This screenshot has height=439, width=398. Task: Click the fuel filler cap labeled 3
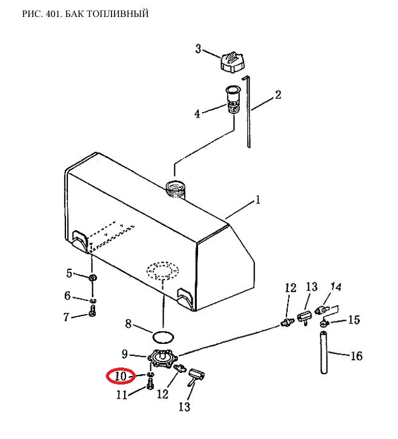231,63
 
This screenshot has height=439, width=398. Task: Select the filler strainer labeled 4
233,99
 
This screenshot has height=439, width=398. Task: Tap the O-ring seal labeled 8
164,337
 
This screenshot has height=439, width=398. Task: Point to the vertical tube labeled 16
324,352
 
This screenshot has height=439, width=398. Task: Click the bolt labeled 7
93,311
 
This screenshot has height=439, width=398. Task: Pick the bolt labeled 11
150,384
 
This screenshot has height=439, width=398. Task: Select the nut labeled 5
93,278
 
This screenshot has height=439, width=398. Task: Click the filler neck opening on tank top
175,190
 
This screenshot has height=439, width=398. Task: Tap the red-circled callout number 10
121,376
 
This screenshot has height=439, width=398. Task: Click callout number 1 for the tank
257,200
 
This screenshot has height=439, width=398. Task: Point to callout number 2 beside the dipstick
277,94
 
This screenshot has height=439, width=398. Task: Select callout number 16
356,356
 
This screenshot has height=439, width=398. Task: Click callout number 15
354,320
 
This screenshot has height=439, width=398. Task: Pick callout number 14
336,286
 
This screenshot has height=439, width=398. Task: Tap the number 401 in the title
53,13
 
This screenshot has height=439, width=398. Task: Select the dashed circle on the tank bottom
163,271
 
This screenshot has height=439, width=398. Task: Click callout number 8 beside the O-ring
128,324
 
